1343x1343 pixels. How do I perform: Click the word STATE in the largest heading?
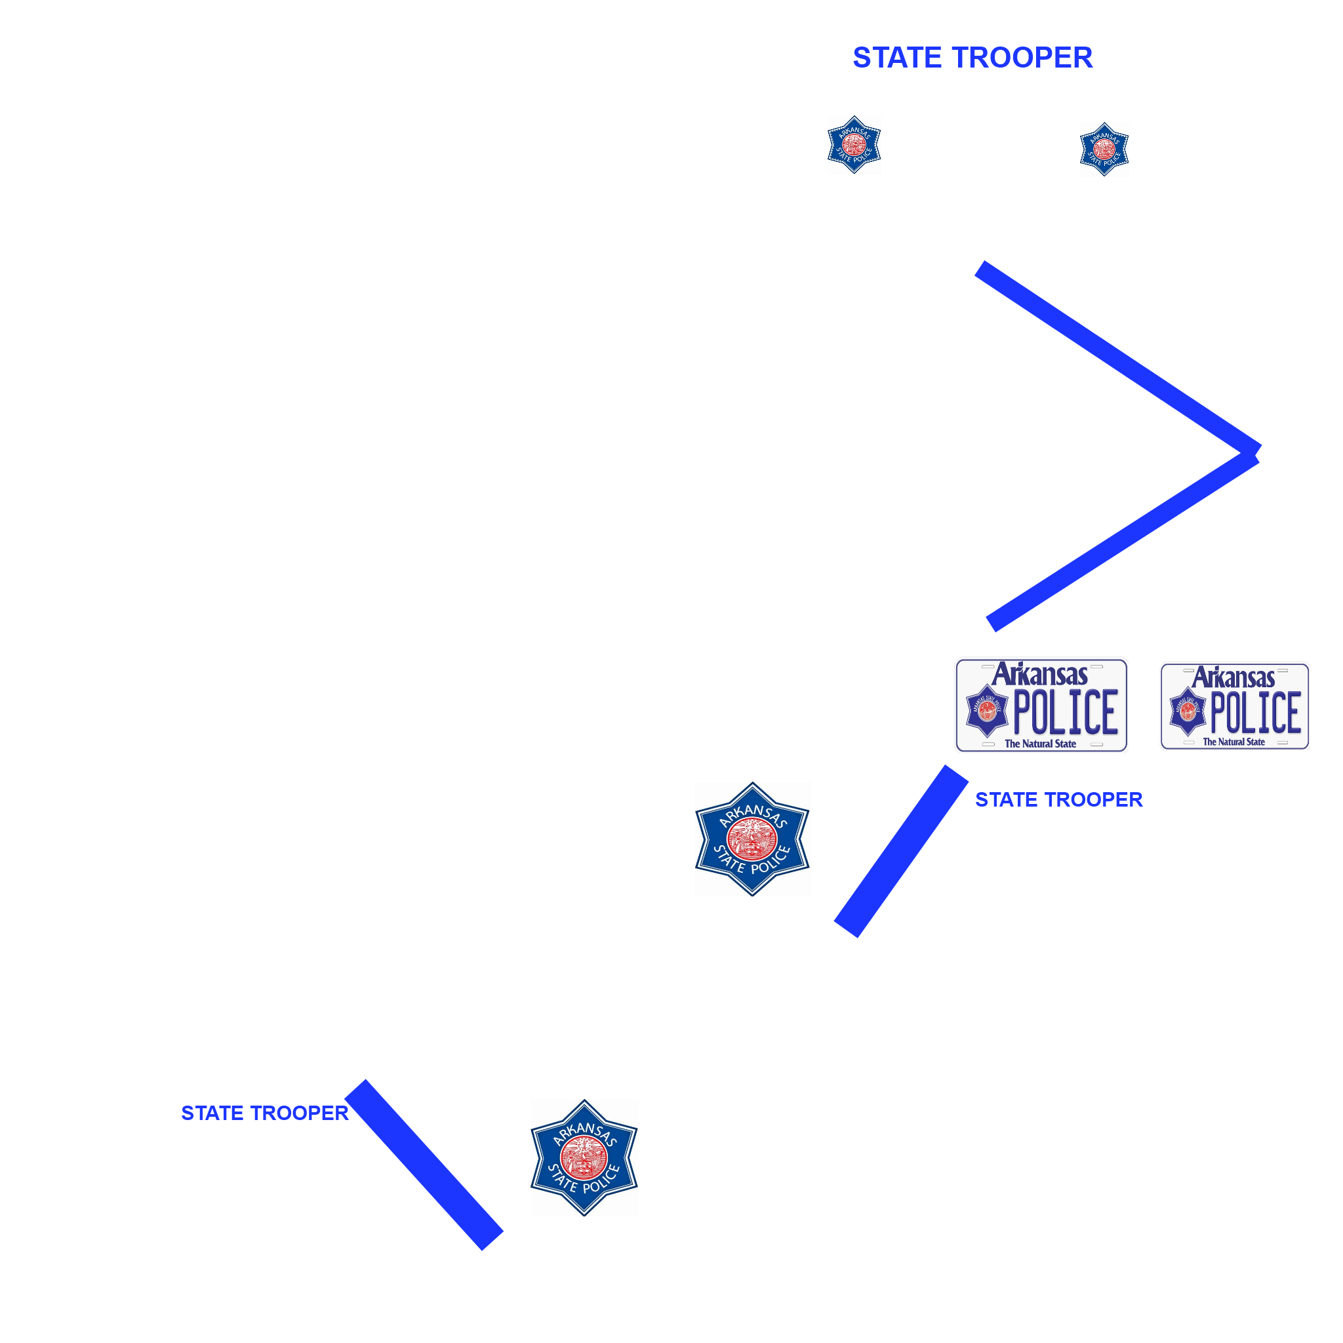pos(896,58)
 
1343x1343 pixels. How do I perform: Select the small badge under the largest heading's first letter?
pos(854,144)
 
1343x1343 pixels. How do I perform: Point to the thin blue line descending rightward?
pos(1118,359)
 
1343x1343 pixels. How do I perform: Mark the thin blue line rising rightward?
pos(1123,542)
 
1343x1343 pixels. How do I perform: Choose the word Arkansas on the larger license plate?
pos(1040,675)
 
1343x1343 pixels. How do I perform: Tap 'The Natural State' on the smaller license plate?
pos(1234,742)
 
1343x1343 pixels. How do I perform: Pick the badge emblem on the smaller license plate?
pos(1188,711)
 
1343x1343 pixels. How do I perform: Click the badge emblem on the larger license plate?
pos(987,710)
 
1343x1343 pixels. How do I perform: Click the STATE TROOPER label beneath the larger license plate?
pos(1058,800)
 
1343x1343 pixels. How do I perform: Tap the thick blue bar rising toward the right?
pos(901,852)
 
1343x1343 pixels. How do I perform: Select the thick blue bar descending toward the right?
pos(424,1165)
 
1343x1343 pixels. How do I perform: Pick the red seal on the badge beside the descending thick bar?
pos(584,1157)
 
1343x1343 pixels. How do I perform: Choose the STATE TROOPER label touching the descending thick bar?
pos(265,1113)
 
